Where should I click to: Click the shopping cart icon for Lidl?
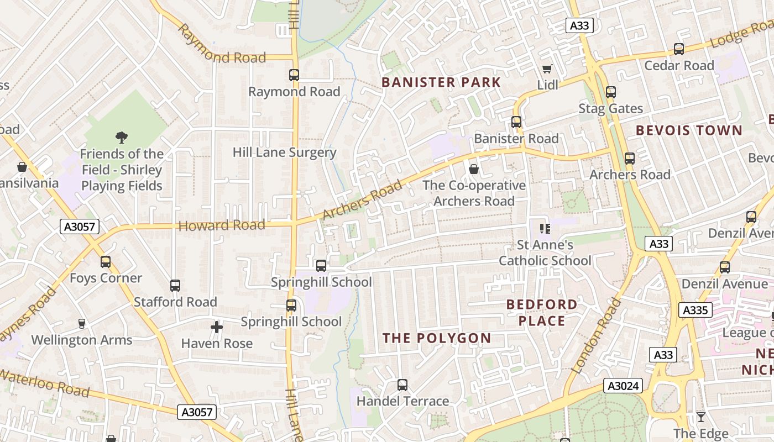pos(547,69)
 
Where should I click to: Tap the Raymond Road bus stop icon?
pos(294,75)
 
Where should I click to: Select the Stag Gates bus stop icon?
pos(610,92)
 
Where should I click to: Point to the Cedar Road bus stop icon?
pos(679,49)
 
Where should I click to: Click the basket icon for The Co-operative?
pos(474,169)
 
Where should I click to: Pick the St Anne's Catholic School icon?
pos(545,228)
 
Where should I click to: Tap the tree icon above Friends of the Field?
pos(122,137)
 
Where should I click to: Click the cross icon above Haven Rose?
pos(217,327)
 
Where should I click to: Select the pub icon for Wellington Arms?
pos(82,324)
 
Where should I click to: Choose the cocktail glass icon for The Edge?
pos(701,417)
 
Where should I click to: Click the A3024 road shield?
pos(623,386)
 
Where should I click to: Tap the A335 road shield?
pos(695,310)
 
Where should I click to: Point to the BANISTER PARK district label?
pos(441,83)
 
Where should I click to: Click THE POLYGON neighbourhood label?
pos(437,338)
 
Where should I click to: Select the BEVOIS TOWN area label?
pos(689,130)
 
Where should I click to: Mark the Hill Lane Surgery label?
pos(284,152)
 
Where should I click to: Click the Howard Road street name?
pos(222,225)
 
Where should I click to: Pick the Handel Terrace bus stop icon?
pos(402,385)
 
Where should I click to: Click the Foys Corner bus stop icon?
pos(106,262)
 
